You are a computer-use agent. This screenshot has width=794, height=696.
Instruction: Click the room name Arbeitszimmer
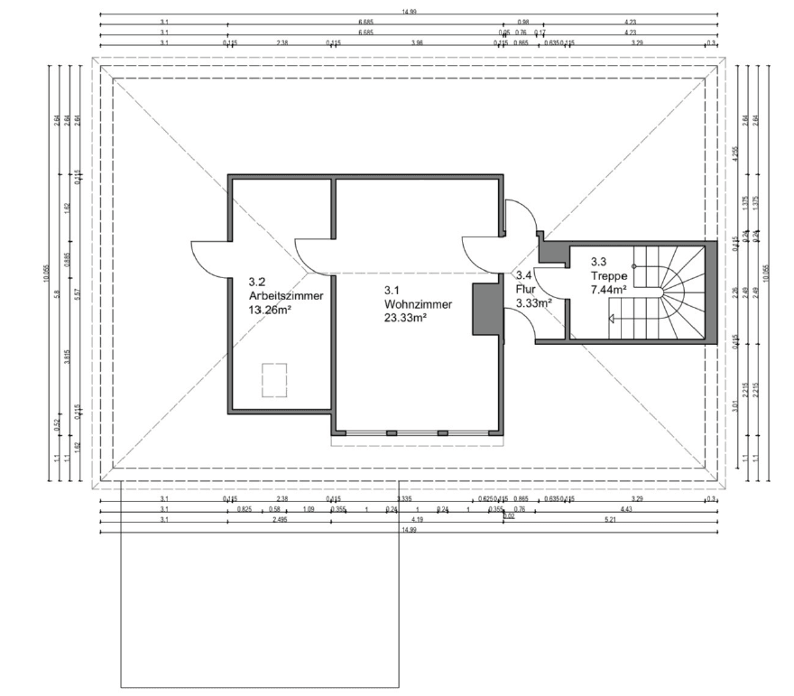[285, 295]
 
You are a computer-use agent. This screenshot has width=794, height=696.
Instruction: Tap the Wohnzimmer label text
[417, 304]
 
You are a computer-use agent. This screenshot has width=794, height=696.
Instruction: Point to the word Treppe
[609, 276]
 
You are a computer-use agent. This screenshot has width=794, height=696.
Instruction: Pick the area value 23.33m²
[405, 318]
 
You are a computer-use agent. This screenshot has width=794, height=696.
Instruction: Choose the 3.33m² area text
[532, 303]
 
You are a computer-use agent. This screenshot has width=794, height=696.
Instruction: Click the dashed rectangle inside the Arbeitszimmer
[273, 379]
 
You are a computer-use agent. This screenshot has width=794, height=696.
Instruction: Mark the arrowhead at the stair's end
[614, 318]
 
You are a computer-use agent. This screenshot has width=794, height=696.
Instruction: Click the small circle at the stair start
[634, 265]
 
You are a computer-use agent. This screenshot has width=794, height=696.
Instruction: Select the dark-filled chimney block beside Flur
[487, 309]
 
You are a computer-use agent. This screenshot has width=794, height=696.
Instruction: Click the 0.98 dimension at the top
[522, 23]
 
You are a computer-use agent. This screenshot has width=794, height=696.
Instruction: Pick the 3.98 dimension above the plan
[416, 42]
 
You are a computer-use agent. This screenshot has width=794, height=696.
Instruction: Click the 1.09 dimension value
[309, 509]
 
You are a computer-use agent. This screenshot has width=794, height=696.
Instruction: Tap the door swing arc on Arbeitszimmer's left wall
[209, 259]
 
